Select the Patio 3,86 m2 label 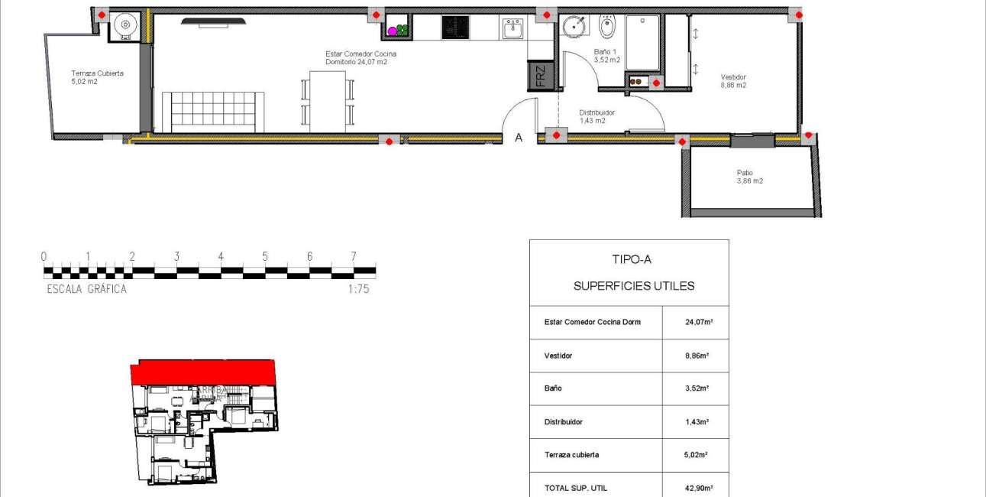749,177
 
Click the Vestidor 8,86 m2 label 733,81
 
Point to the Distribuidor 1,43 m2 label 596,116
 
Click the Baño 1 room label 606,56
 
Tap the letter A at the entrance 519,138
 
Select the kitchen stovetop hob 454,28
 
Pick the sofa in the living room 213,111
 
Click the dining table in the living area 328,99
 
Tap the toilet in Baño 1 606,28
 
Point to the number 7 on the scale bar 354,257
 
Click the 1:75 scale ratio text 358,289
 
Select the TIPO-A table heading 632,259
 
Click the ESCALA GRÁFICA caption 86,289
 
